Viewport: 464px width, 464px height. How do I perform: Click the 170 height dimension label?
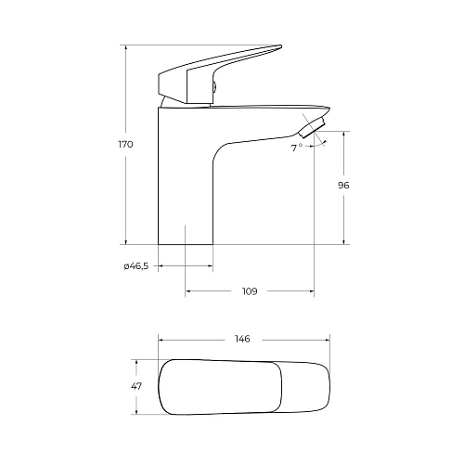(x=125, y=145)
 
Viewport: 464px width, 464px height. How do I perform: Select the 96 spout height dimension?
(x=343, y=186)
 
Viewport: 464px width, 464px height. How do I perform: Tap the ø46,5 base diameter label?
(x=136, y=266)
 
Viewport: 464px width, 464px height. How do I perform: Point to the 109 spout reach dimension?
(x=250, y=291)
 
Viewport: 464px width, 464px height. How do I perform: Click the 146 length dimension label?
(x=242, y=339)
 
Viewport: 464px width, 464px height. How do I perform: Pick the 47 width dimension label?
(x=136, y=386)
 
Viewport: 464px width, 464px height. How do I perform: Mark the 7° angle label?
(x=296, y=148)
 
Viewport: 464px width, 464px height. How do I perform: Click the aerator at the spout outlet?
(x=313, y=127)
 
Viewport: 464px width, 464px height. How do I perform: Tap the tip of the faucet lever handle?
(x=281, y=46)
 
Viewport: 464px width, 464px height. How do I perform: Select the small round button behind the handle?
(x=214, y=87)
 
